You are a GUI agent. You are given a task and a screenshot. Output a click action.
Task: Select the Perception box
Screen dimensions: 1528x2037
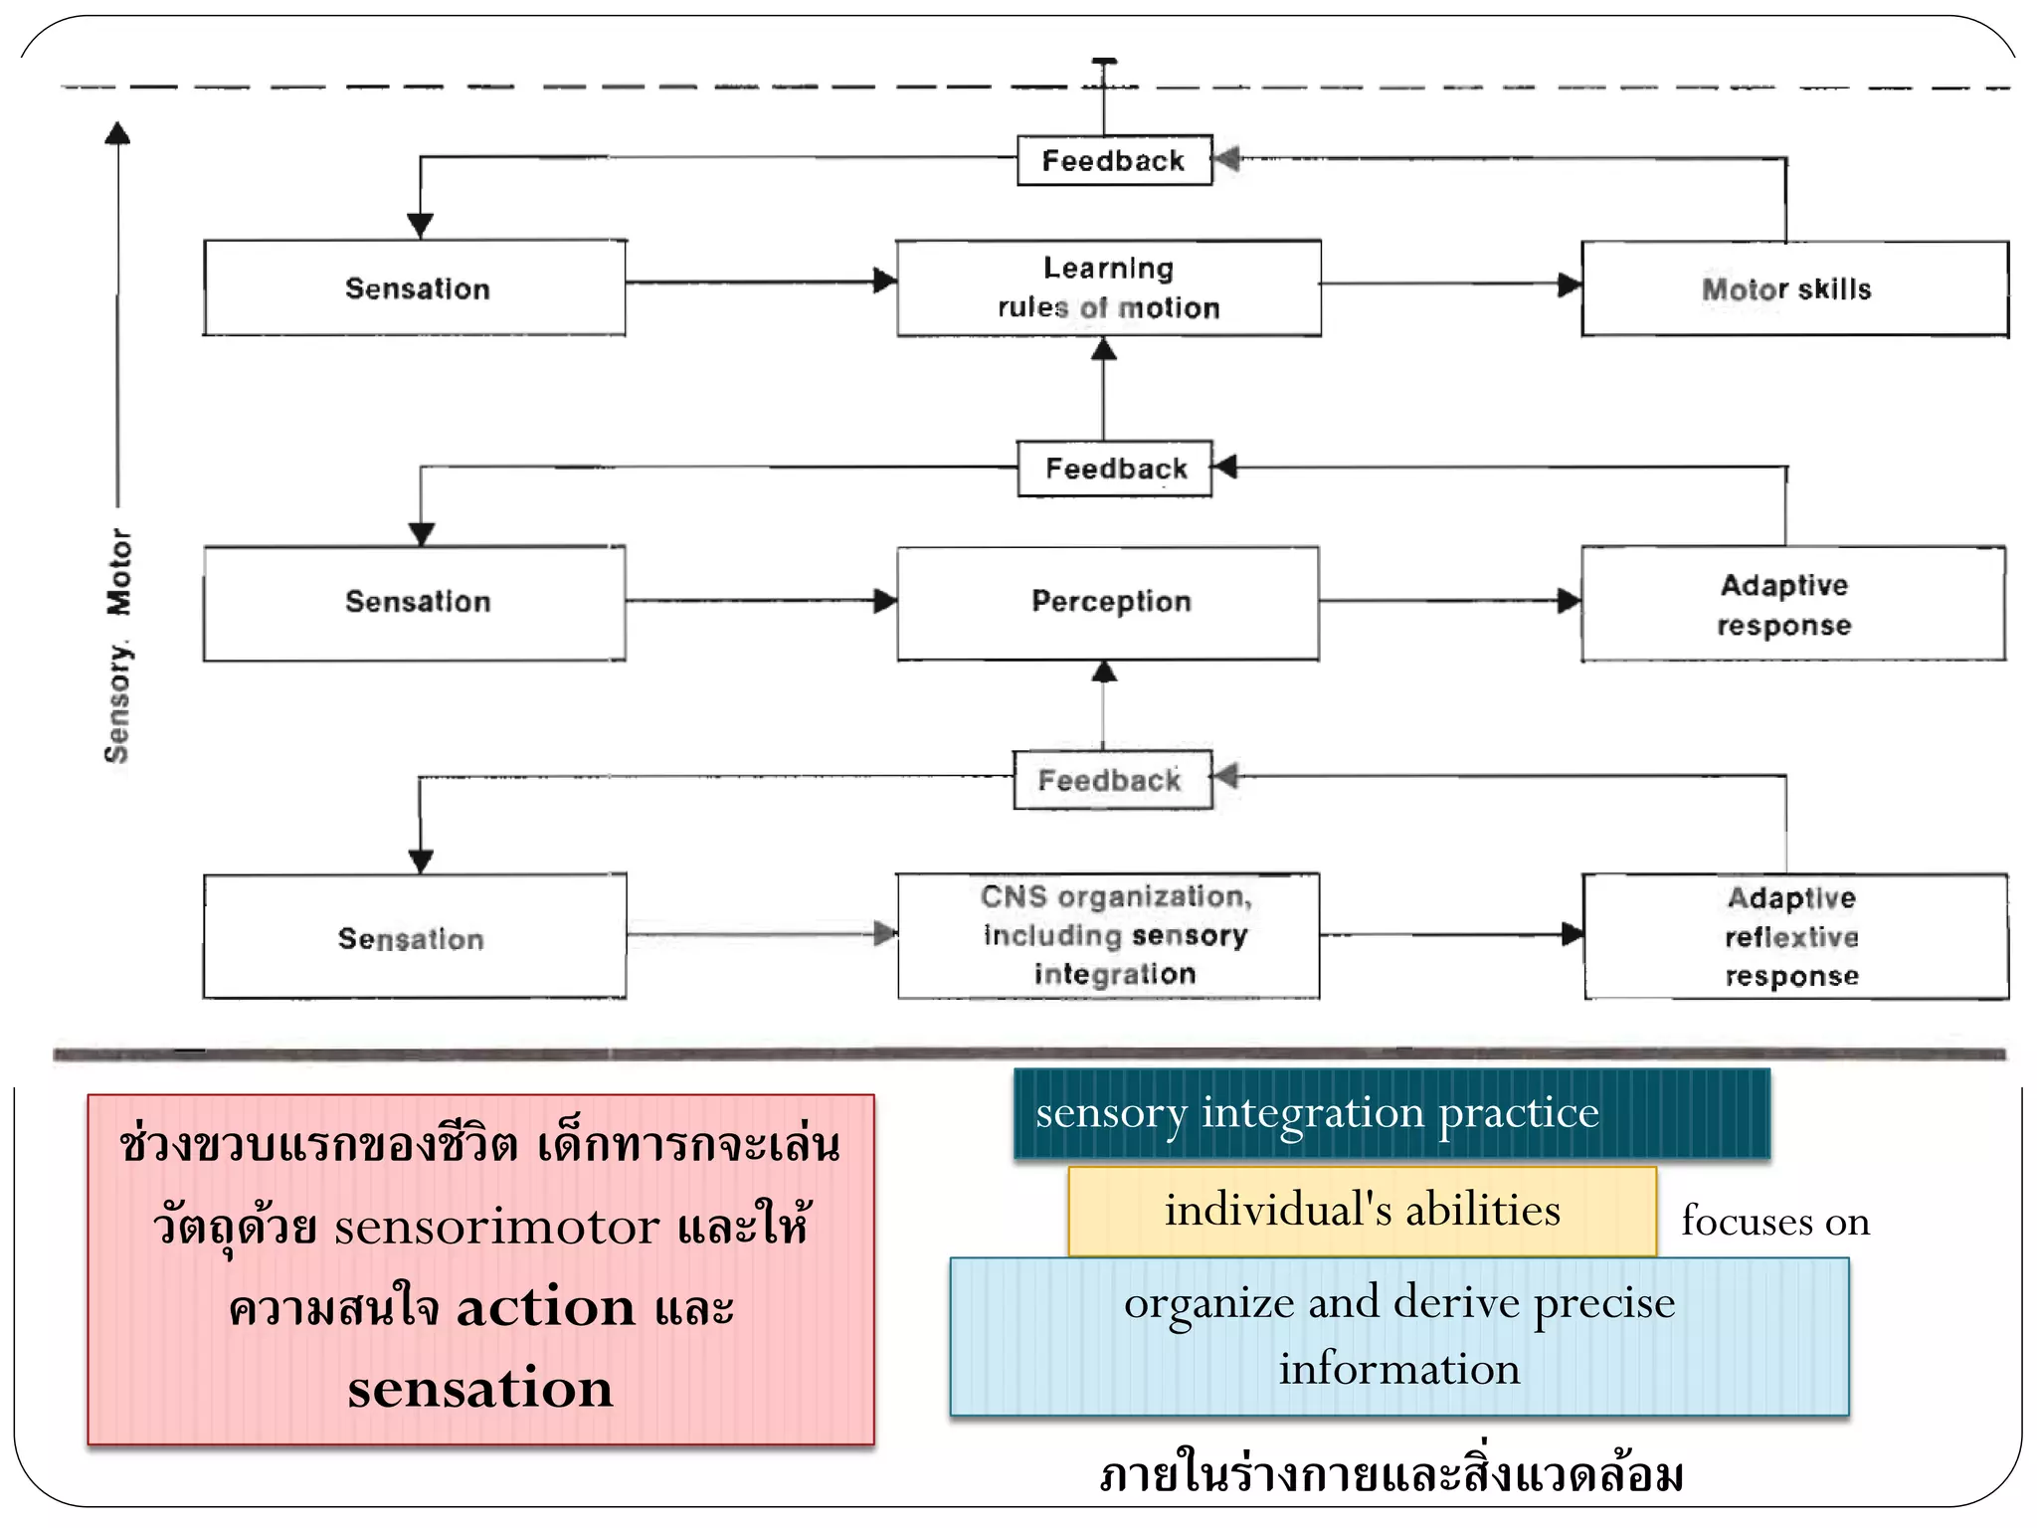point(1108,603)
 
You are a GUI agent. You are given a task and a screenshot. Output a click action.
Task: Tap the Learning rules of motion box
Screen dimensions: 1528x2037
point(1108,288)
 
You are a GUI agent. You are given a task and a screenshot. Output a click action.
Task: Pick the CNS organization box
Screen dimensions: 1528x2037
point(1108,936)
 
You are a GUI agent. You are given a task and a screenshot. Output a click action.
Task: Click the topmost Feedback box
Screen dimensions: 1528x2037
point(1114,160)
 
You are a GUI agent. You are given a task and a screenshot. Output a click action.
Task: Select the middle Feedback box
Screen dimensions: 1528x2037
point(1114,469)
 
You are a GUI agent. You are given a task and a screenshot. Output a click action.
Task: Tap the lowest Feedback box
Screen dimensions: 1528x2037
point(1112,780)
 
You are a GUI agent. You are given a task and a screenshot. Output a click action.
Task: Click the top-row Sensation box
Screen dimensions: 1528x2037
point(415,288)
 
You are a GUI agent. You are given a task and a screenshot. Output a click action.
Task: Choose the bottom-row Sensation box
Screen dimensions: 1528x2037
point(415,937)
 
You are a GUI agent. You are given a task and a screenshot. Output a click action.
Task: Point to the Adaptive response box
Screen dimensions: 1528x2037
point(1792,604)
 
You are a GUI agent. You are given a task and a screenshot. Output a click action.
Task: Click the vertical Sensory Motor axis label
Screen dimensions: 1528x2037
point(118,647)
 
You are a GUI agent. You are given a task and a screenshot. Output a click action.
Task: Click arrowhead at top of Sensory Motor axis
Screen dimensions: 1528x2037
point(118,133)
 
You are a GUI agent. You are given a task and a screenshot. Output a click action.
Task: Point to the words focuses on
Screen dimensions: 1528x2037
point(1775,1222)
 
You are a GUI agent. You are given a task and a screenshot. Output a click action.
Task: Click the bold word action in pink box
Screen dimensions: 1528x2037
point(545,1307)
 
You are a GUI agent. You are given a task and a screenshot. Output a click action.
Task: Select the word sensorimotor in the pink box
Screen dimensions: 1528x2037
point(496,1227)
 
